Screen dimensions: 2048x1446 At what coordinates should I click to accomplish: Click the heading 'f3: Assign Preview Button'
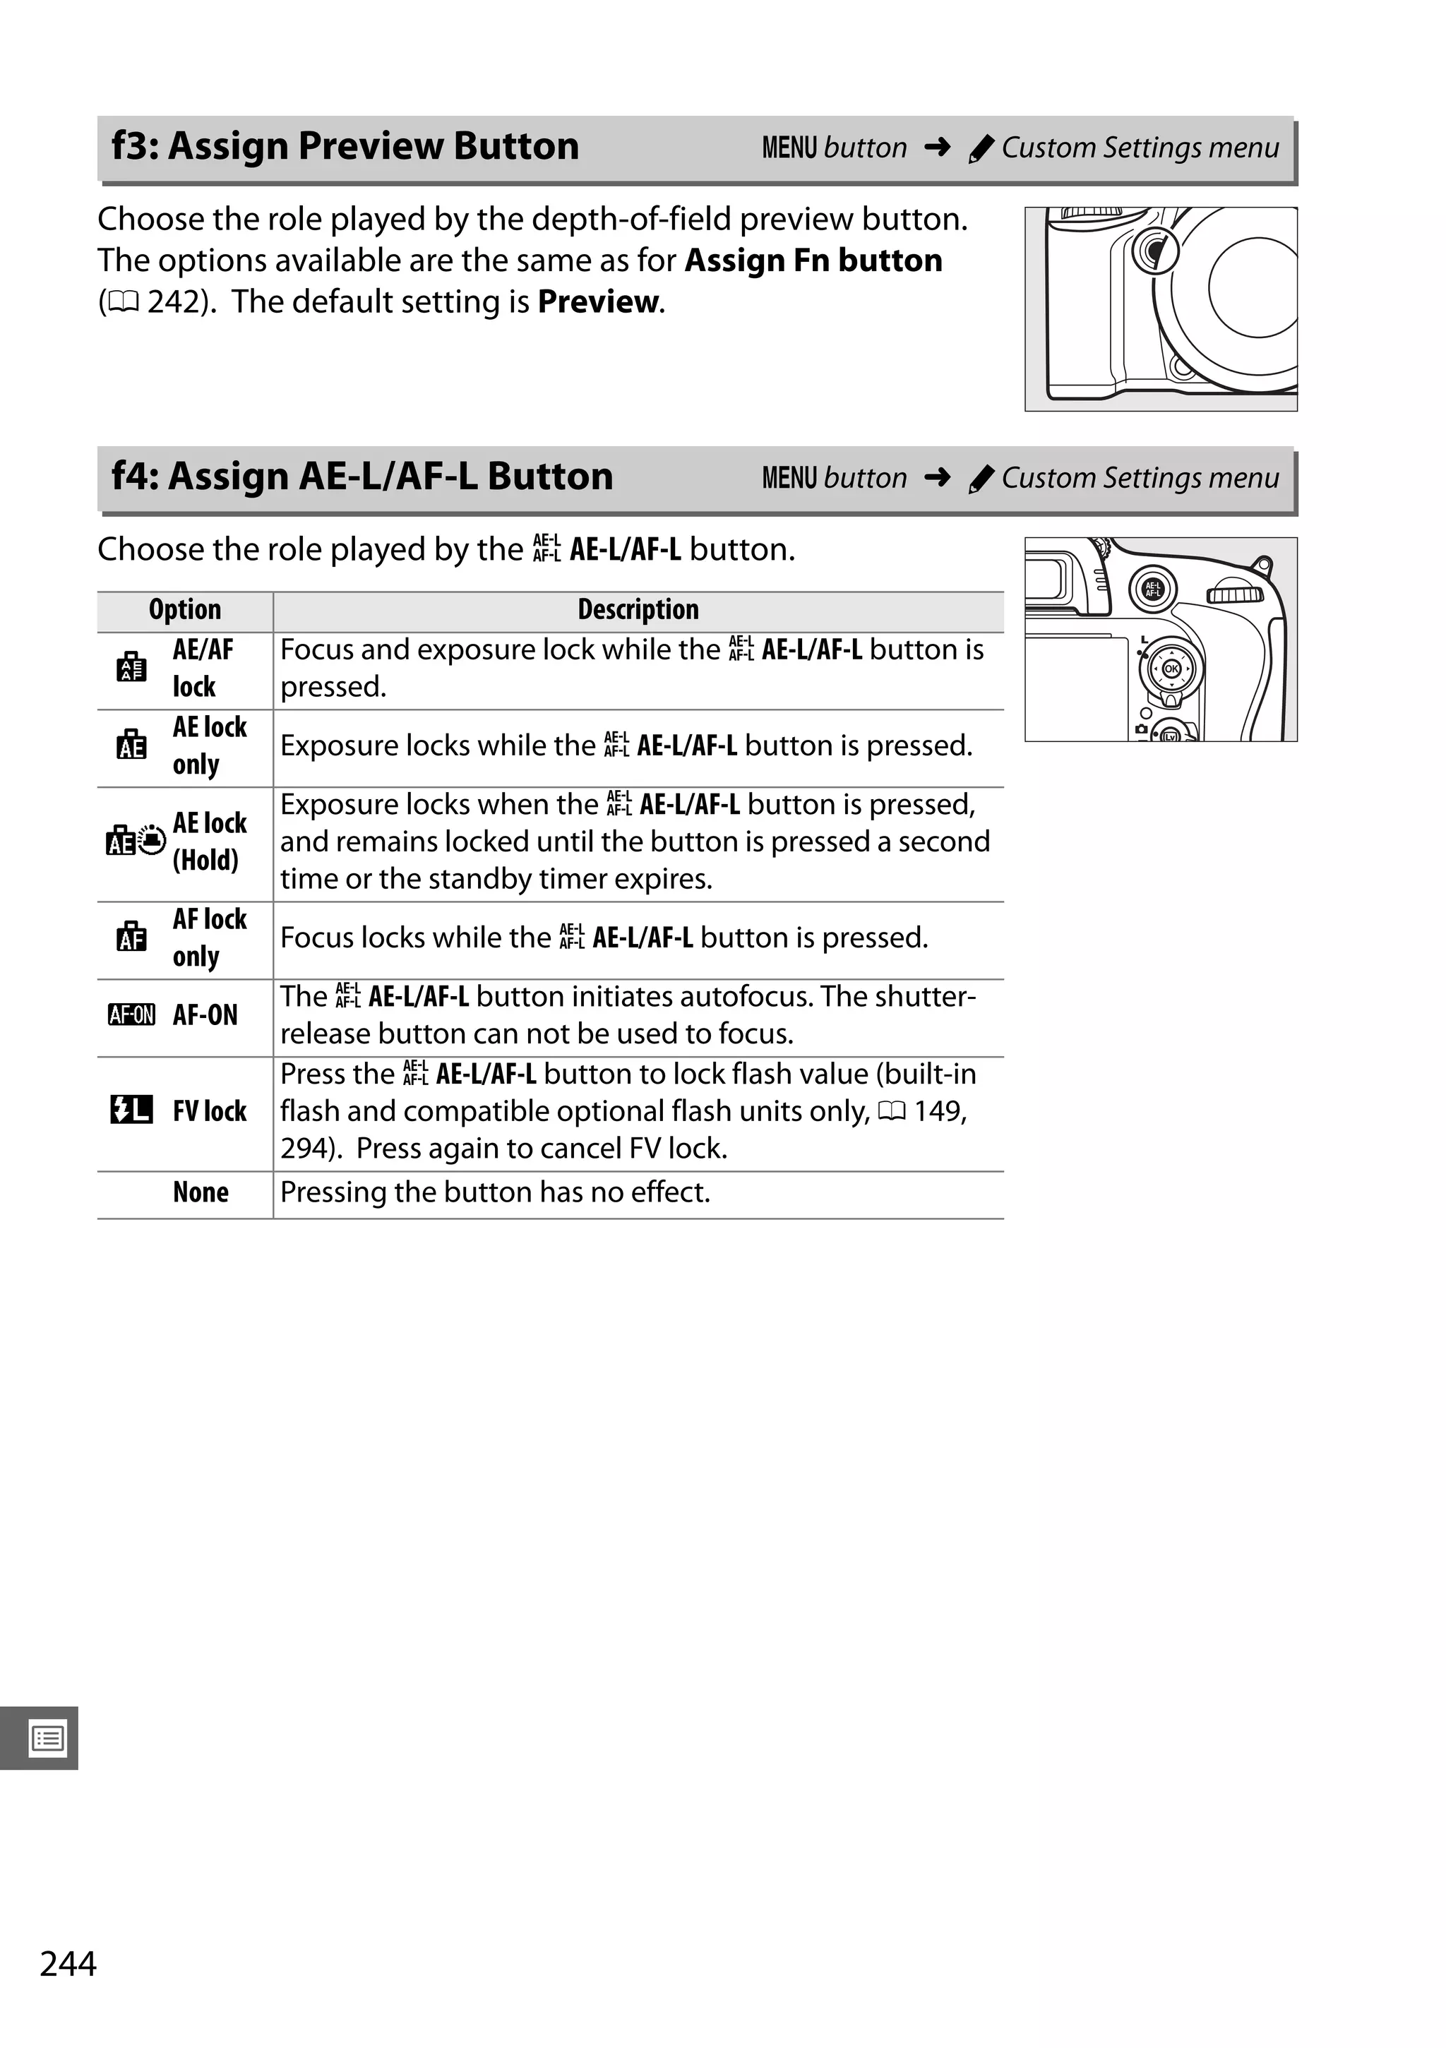[x=345, y=146]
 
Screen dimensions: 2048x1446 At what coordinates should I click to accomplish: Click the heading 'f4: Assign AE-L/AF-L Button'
[x=362, y=477]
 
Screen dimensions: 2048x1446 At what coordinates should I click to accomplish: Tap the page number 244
[x=68, y=1963]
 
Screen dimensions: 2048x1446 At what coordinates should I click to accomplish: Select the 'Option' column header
[x=185, y=610]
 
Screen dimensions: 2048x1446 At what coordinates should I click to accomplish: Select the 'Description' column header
[x=638, y=610]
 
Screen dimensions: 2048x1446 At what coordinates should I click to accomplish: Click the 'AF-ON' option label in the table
[x=205, y=1015]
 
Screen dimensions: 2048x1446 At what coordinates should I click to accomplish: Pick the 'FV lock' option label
[x=210, y=1111]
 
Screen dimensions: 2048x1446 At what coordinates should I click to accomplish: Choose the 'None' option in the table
[x=201, y=1192]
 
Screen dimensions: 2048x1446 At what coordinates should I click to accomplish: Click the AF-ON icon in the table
[x=131, y=1015]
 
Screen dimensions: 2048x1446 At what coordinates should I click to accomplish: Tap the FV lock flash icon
[x=131, y=1110]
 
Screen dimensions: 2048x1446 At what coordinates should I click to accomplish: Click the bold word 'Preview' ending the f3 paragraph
[x=599, y=302]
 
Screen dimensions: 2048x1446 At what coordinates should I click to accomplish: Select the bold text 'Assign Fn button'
[x=813, y=261]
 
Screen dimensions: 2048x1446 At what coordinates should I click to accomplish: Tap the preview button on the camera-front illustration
[x=1156, y=251]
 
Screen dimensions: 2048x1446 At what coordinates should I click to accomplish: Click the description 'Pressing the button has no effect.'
[x=495, y=1192]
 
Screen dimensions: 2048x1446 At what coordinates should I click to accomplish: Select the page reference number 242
[x=177, y=302]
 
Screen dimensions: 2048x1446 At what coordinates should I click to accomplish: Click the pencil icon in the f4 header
[x=980, y=480]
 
